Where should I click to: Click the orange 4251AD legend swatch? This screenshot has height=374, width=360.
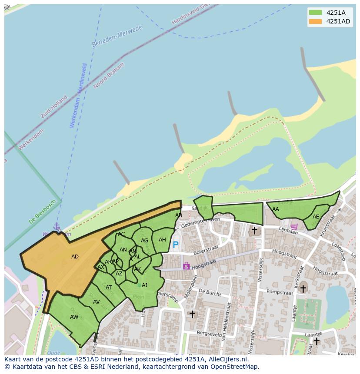coord(315,21)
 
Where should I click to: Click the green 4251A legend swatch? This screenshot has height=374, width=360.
coord(315,13)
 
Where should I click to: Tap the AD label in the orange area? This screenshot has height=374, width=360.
coord(75,257)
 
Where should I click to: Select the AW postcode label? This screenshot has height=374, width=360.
coord(74,317)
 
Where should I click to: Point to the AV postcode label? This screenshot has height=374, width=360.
coord(97,302)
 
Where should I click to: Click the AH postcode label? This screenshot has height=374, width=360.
coord(162,240)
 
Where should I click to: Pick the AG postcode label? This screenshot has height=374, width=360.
coord(145,241)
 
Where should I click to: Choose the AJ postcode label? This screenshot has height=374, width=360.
coord(144,285)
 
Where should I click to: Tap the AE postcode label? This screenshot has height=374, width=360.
coord(316,217)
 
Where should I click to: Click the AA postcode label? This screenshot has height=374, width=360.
coord(276,209)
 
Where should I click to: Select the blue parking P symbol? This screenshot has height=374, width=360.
coord(175,245)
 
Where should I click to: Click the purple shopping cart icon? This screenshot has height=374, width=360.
coord(294,226)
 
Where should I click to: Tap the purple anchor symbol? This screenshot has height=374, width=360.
coord(56,227)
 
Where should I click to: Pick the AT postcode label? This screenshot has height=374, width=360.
coord(109,288)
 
